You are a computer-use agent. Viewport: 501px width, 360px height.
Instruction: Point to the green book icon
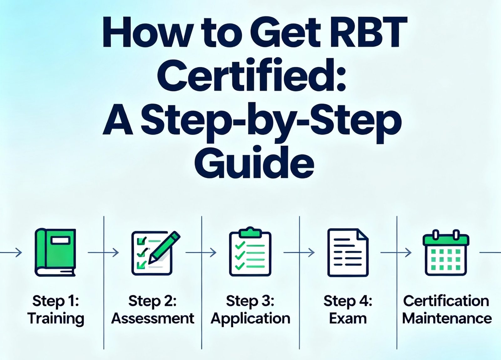tap(55, 252)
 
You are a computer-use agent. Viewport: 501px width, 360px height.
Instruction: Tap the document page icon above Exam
tap(348, 253)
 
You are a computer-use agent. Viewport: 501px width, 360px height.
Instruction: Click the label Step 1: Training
tap(56, 310)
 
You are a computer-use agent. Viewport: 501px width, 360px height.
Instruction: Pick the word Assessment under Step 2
tap(153, 319)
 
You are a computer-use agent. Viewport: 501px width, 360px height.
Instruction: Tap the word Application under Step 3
tap(250, 319)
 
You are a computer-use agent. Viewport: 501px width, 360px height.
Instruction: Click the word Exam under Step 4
tap(348, 319)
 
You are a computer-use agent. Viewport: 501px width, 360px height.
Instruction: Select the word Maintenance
tap(447, 319)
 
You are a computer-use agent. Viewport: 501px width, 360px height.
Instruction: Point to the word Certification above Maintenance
tap(446, 301)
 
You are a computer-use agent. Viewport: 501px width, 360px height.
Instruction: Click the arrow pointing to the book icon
tap(13, 252)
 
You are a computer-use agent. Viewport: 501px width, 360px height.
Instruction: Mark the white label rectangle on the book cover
tap(60, 240)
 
